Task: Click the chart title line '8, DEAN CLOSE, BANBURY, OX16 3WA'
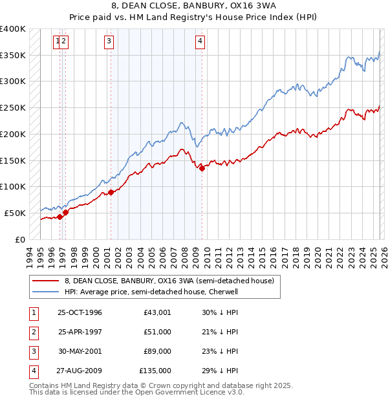pos(193,6)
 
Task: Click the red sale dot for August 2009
pos(202,168)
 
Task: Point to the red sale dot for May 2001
pos(111,192)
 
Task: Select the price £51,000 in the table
pos(157,332)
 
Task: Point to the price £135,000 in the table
pos(155,371)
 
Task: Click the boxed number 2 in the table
pos(33,332)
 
